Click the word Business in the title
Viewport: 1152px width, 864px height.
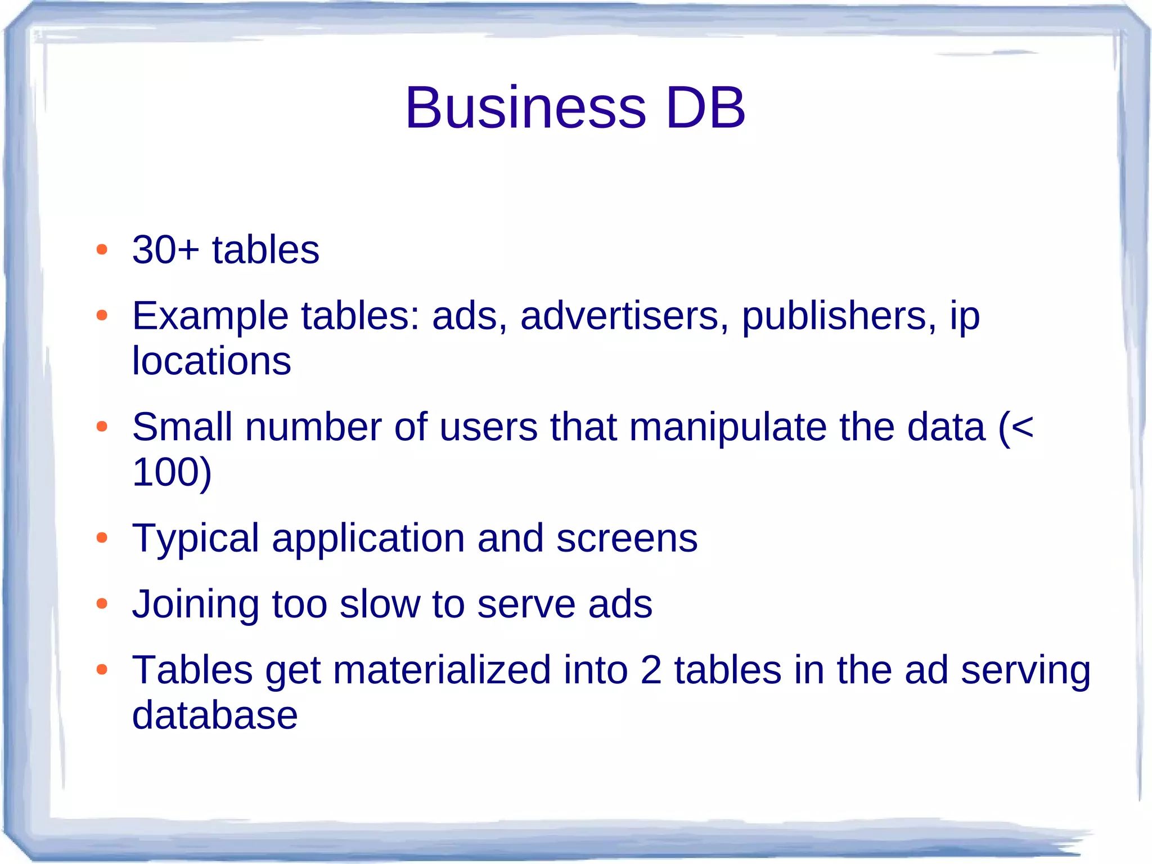point(525,108)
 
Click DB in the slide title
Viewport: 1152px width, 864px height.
point(705,108)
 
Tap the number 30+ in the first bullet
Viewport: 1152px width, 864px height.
point(165,250)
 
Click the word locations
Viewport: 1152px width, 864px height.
point(211,361)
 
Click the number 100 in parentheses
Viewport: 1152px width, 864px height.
point(166,472)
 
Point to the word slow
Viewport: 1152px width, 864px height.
point(380,605)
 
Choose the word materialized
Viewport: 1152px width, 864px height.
point(442,670)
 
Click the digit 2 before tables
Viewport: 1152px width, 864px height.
point(651,670)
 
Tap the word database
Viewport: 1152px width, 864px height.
point(214,715)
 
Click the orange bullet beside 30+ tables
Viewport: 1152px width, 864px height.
point(102,250)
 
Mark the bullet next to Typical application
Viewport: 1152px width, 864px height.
point(102,538)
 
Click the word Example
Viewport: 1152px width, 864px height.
point(210,316)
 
